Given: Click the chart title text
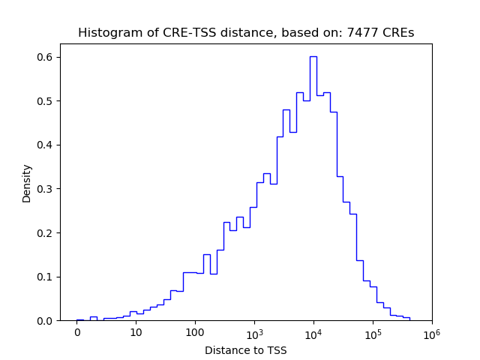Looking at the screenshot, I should click(x=246, y=33).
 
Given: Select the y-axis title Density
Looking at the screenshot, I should click(x=27, y=183).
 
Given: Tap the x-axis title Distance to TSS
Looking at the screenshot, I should click(x=246, y=350).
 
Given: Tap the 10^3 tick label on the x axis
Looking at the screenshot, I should click(x=254, y=332).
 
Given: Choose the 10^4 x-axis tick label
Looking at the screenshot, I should click(x=313, y=332).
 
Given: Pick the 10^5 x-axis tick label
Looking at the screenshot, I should click(x=373, y=332).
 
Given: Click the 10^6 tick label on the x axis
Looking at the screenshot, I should click(x=431, y=332).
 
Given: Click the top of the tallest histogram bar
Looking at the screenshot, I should click(x=313, y=56).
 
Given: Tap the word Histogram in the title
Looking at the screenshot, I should click(x=106, y=33).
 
